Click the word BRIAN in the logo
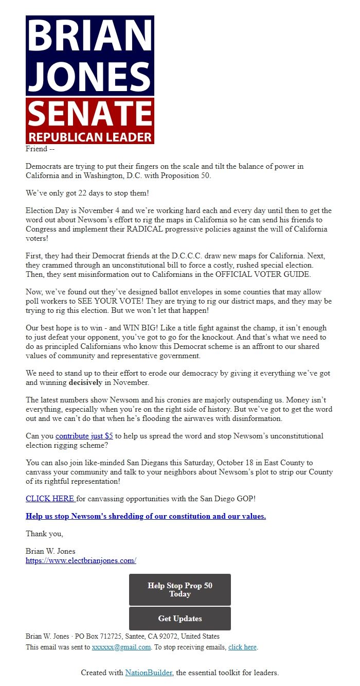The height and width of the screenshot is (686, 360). pyautogui.click(x=90, y=36)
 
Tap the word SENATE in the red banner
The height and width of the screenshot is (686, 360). pyautogui.click(x=90, y=114)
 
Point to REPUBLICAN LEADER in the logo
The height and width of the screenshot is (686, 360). pyautogui.click(x=90, y=137)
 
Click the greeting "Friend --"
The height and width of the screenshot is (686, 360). pyautogui.click(x=40, y=149)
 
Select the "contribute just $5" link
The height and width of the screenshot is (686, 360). pyautogui.click(x=84, y=436)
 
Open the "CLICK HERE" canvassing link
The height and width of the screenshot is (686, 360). pyautogui.click(x=50, y=499)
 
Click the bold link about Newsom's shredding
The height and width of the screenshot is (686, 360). pyautogui.click(x=146, y=516)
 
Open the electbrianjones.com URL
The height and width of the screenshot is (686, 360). pyautogui.click(x=81, y=560)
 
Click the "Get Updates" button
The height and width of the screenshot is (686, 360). pyautogui.click(x=179, y=619)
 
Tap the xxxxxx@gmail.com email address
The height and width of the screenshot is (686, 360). pyautogui.click(x=121, y=647)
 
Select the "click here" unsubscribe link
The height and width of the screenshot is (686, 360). pyautogui.click(x=242, y=647)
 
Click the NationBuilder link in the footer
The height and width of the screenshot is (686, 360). pyautogui.click(x=149, y=673)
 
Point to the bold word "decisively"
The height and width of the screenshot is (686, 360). pyautogui.click(x=85, y=383)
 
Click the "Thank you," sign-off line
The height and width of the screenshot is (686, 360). pyautogui.click(x=44, y=534)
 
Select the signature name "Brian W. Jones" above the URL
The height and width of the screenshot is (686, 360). pyautogui.click(x=50, y=551)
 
